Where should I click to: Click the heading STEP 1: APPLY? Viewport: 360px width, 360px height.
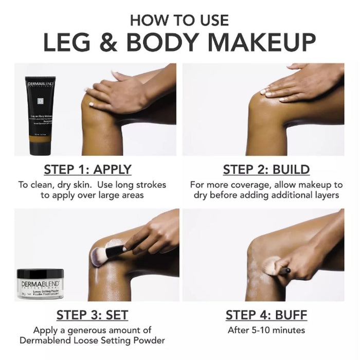[x=87, y=169]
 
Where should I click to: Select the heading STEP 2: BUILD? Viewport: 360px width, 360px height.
[x=266, y=169]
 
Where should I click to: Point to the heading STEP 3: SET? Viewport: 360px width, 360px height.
[x=92, y=315]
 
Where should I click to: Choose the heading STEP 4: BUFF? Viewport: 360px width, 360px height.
[x=266, y=315]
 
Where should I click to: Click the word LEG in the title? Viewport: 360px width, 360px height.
[x=67, y=42]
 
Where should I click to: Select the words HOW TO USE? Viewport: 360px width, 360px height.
[x=179, y=20]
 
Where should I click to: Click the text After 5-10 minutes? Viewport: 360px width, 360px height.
[x=266, y=330]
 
